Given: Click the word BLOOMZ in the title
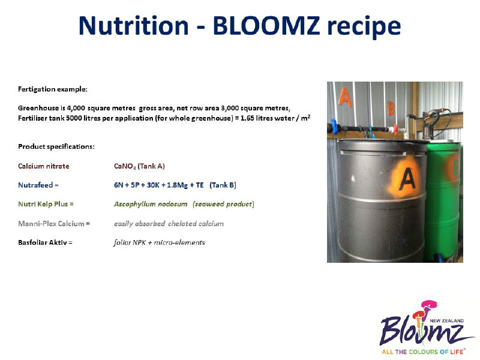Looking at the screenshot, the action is pyautogui.click(x=266, y=25).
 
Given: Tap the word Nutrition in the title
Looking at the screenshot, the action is pyautogui.click(x=133, y=25).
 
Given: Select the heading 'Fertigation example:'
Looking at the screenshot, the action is pyautogui.click(x=53, y=89).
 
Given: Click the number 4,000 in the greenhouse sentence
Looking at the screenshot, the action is pyautogui.click(x=76, y=108).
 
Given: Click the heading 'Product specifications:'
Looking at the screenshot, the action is pyautogui.click(x=56, y=146).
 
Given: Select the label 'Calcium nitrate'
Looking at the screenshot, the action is pyautogui.click(x=44, y=166).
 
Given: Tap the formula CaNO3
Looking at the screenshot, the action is pyautogui.click(x=125, y=166).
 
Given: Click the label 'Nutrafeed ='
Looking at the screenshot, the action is pyautogui.click(x=38, y=185).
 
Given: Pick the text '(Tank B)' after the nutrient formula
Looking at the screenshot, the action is pyautogui.click(x=223, y=185).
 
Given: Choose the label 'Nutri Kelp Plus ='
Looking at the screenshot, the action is pyautogui.click(x=46, y=204).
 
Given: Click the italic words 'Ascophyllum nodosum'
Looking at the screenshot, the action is pyautogui.click(x=151, y=204).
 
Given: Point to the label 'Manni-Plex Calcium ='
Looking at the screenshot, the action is pyautogui.click(x=54, y=224).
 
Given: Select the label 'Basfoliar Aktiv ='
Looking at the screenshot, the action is pyautogui.click(x=46, y=242).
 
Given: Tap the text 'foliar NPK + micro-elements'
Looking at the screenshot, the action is pyautogui.click(x=160, y=242).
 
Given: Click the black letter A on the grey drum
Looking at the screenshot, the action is pyautogui.click(x=407, y=179).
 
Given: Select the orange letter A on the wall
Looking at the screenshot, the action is pyautogui.click(x=344, y=97).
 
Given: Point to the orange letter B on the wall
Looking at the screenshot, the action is pyautogui.click(x=391, y=109).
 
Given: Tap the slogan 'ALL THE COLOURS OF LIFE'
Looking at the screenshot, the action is pyautogui.click(x=422, y=352).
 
